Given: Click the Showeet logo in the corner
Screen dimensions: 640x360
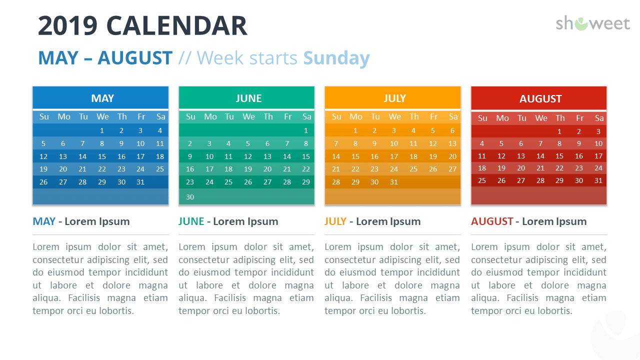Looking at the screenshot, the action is pyautogui.click(x=592, y=23).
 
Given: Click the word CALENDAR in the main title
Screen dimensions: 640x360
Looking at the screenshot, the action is pyautogui.click(x=176, y=26).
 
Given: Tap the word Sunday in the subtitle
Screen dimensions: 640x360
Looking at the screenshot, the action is pyautogui.click(x=336, y=58).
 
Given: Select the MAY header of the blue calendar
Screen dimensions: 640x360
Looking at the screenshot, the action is pyautogui.click(x=102, y=98).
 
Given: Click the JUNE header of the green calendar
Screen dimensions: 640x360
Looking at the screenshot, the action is pyautogui.click(x=248, y=98).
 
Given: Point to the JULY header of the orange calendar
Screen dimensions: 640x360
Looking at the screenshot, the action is pyautogui.click(x=395, y=98).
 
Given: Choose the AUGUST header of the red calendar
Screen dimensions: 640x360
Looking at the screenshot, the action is pyautogui.click(x=540, y=99).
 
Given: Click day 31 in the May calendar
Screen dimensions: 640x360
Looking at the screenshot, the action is pyautogui.click(x=140, y=182).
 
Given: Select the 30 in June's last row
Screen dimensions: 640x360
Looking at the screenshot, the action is pyautogui.click(x=190, y=197).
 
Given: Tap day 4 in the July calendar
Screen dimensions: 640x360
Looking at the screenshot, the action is pyautogui.click(x=413, y=130).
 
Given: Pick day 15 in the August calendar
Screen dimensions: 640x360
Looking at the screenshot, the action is pyautogui.click(x=559, y=156).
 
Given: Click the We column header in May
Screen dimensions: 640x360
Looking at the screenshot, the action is pyautogui.click(x=102, y=116).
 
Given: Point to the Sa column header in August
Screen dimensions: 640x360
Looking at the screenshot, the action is pyautogui.click(x=599, y=118).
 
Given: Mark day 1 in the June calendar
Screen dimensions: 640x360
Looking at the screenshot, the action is pyautogui.click(x=306, y=130).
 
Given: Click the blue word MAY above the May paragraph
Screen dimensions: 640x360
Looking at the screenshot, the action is pyautogui.click(x=44, y=221).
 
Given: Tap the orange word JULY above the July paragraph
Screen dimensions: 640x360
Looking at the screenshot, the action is pyautogui.click(x=335, y=221).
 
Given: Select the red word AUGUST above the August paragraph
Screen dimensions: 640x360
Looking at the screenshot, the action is pyautogui.click(x=492, y=221).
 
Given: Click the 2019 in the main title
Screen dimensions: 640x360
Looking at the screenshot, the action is pyautogui.click(x=67, y=26).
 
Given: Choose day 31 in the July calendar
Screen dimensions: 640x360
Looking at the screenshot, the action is pyautogui.click(x=394, y=182).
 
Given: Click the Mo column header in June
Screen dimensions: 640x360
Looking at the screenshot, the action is pyautogui.click(x=210, y=116).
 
